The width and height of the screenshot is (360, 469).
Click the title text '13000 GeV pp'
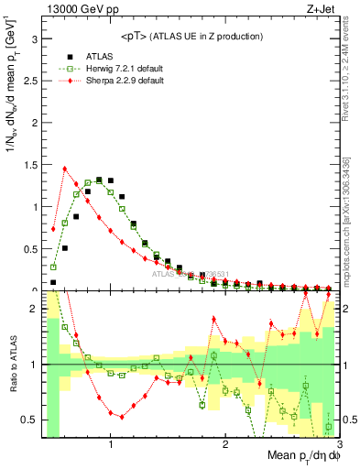[x=76, y=10]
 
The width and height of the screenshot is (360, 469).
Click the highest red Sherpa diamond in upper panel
[x=64, y=169]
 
